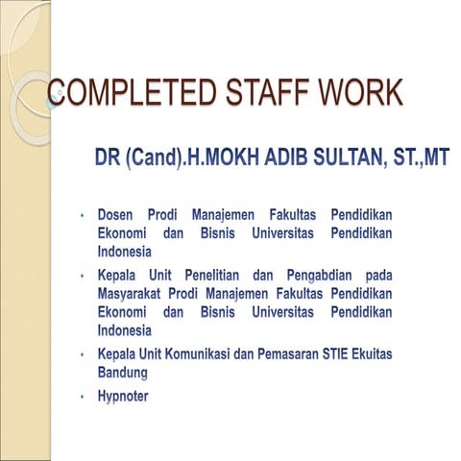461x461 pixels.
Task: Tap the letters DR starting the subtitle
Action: (107, 158)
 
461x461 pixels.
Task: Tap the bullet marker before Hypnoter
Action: (85, 397)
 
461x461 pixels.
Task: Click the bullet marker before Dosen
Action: (85, 213)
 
